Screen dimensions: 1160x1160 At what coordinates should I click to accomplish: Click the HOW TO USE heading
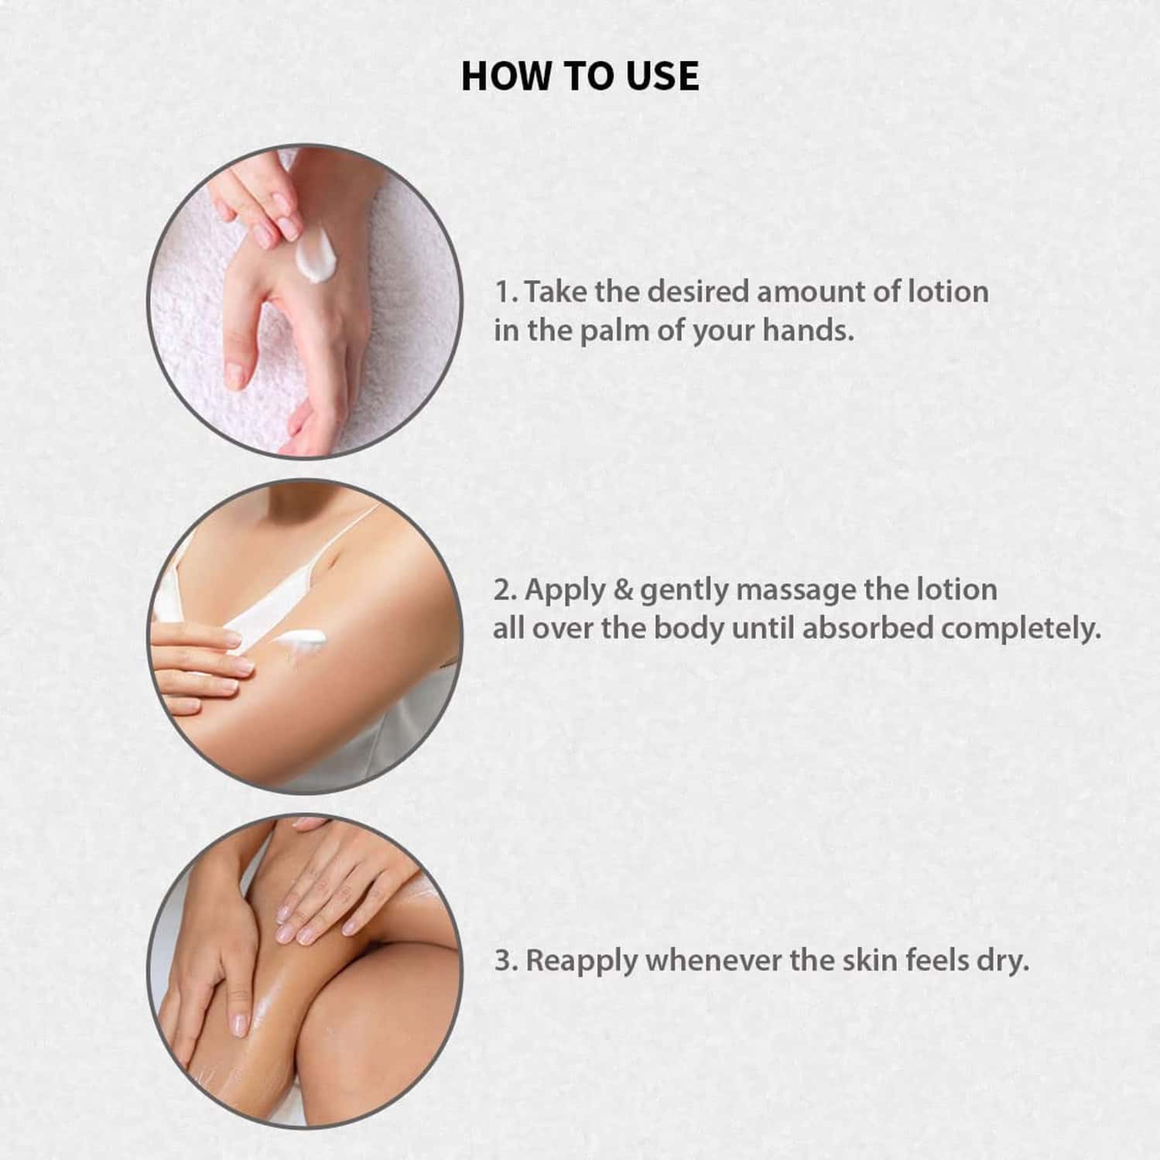coord(580,76)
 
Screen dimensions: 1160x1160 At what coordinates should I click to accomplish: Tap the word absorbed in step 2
coord(867,628)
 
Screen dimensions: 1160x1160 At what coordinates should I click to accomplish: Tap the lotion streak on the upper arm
coord(302,639)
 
